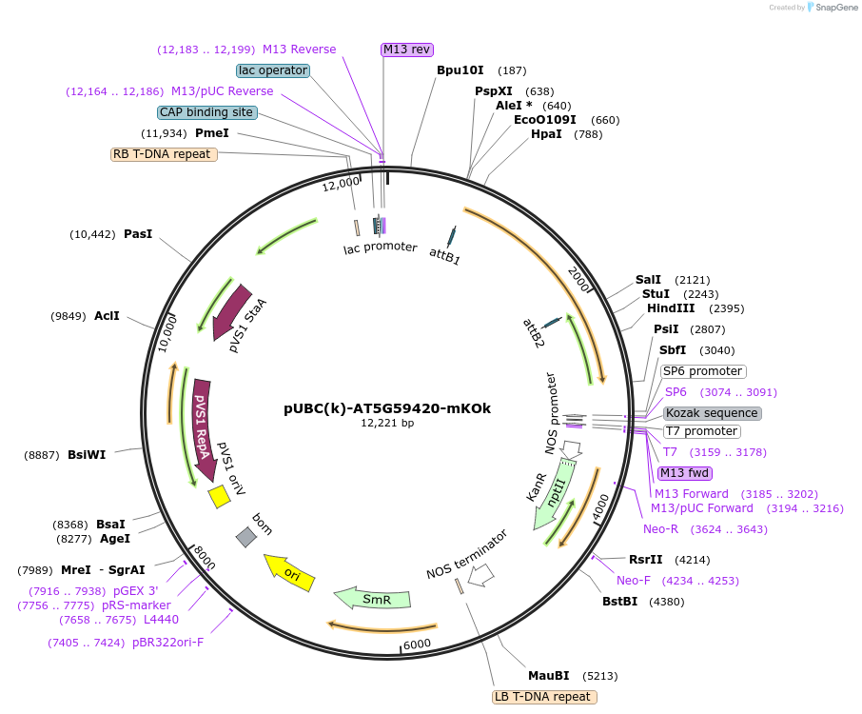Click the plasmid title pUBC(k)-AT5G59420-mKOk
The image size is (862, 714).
coord(387,408)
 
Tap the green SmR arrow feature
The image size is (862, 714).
coord(372,599)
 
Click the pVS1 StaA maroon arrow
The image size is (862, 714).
coord(230,312)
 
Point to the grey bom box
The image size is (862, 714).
coord(246,537)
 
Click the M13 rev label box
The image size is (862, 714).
coord(407,50)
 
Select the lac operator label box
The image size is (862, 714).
coord(273,70)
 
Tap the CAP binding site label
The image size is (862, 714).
coord(206,112)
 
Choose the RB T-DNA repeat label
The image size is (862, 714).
coord(164,154)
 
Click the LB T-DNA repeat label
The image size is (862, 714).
coord(544,697)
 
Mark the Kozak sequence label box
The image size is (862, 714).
coord(712,413)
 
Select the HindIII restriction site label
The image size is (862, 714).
coord(671,308)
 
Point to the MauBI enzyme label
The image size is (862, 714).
coord(548,676)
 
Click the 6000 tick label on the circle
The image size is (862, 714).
coord(418,645)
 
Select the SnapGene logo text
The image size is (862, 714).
coord(833,8)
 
